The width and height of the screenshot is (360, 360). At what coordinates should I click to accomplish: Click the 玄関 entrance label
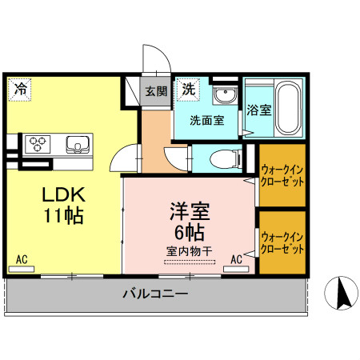(155, 90)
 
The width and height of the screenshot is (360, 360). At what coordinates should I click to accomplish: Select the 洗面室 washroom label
(206, 121)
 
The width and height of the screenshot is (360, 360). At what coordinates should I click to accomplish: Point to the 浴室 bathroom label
(258, 110)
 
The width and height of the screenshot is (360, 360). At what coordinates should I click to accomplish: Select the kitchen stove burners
(38, 144)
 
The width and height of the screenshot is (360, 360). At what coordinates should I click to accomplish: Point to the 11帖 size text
(64, 216)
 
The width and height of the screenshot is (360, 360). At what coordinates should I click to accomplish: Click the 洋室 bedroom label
(189, 212)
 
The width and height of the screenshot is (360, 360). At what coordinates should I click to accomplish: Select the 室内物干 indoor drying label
(189, 251)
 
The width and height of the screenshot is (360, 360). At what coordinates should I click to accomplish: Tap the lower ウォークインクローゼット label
(282, 242)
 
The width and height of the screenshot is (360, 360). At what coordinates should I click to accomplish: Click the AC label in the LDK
(22, 259)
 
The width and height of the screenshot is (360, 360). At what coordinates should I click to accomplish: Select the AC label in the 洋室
(237, 259)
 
